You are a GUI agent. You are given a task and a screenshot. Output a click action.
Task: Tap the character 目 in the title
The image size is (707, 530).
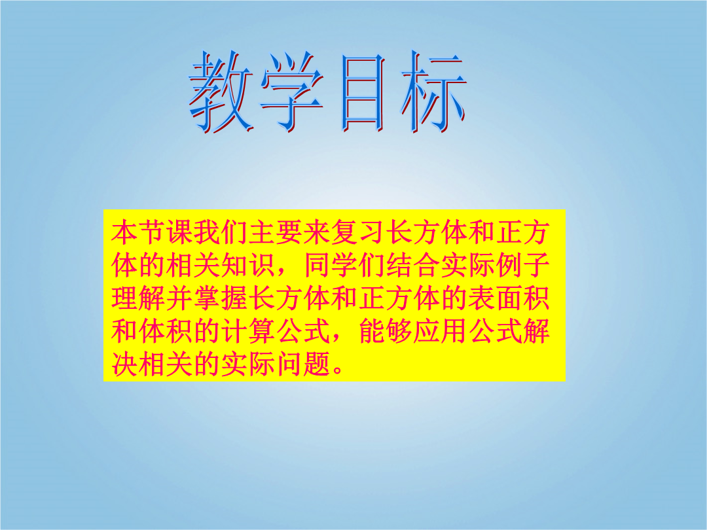pyautogui.click(x=363, y=93)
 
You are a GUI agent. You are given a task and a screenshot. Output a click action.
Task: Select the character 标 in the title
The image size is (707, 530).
pyautogui.click(x=433, y=92)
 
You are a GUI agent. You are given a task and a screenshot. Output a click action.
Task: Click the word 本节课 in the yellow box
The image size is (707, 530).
pyautogui.click(x=153, y=232)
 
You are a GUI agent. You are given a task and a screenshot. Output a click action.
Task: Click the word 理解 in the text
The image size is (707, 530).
pyautogui.click(x=138, y=298)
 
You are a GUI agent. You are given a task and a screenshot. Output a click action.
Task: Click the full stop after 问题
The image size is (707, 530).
pyautogui.click(x=338, y=370)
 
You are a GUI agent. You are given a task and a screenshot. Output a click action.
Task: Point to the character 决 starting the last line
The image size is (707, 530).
pyautogui.click(x=125, y=364)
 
